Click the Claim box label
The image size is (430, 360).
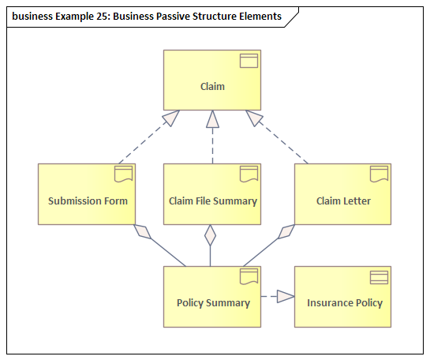(x=212, y=86)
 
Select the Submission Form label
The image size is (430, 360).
(x=88, y=201)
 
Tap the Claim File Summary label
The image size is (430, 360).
(x=213, y=201)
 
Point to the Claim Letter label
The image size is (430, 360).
(x=343, y=201)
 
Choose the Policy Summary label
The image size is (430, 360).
(x=213, y=303)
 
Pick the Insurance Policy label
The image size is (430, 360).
(x=345, y=303)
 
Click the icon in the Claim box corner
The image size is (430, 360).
(x=249, y=61)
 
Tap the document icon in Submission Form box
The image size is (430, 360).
(x=123, y=174)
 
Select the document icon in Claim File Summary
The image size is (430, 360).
(x=249, y=174)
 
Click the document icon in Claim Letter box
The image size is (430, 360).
(x=379, y=174)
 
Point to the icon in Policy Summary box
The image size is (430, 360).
(x=249, y=276)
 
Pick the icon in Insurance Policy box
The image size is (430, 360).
(x=379, y=277)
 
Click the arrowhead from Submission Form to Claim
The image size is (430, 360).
(x=171, y=118)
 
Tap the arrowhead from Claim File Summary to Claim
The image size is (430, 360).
(x=212, y=119)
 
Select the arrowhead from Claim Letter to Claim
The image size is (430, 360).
(x=254, y=118)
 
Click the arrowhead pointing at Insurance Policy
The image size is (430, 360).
(x=286, y=296)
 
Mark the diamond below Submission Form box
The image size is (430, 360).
(x=142, y=232)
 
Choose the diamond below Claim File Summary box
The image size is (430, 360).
(x=211, y=235)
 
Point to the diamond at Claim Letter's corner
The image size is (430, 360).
(x=286, y=232)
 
